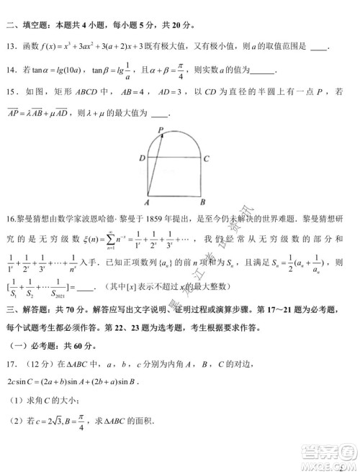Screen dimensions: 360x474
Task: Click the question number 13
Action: [x=12, y=47]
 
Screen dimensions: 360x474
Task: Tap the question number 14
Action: [x=12, y=70]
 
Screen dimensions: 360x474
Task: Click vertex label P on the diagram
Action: [x=161, y=130]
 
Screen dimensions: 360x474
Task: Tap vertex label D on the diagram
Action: [x=143, y=158]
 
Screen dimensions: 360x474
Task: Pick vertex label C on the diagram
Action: [x=207, y=158]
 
